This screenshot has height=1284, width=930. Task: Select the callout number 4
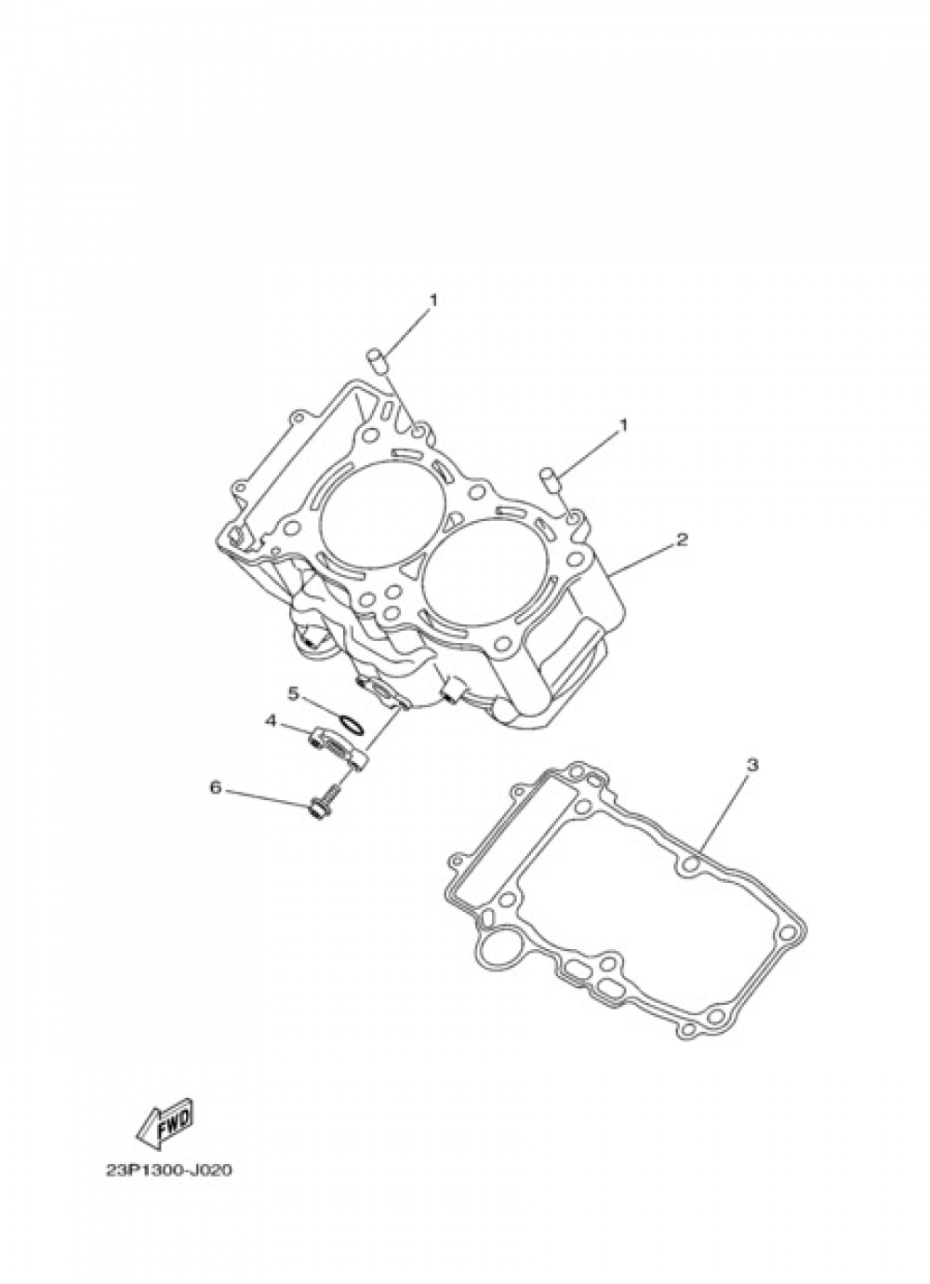pyautogui.click(x=271, y=721)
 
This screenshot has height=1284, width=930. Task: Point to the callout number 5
pyautogui.click(x=293, y=693)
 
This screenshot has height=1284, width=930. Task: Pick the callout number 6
pyautogui.click(x=215, y=788)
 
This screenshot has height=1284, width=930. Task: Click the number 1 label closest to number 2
pyautogui.click(x=624, y=425)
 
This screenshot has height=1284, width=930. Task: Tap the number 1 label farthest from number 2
pyautogui.click(x=432, y=301)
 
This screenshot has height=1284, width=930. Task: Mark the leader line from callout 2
pyautogui.click(x=644, y=557)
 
